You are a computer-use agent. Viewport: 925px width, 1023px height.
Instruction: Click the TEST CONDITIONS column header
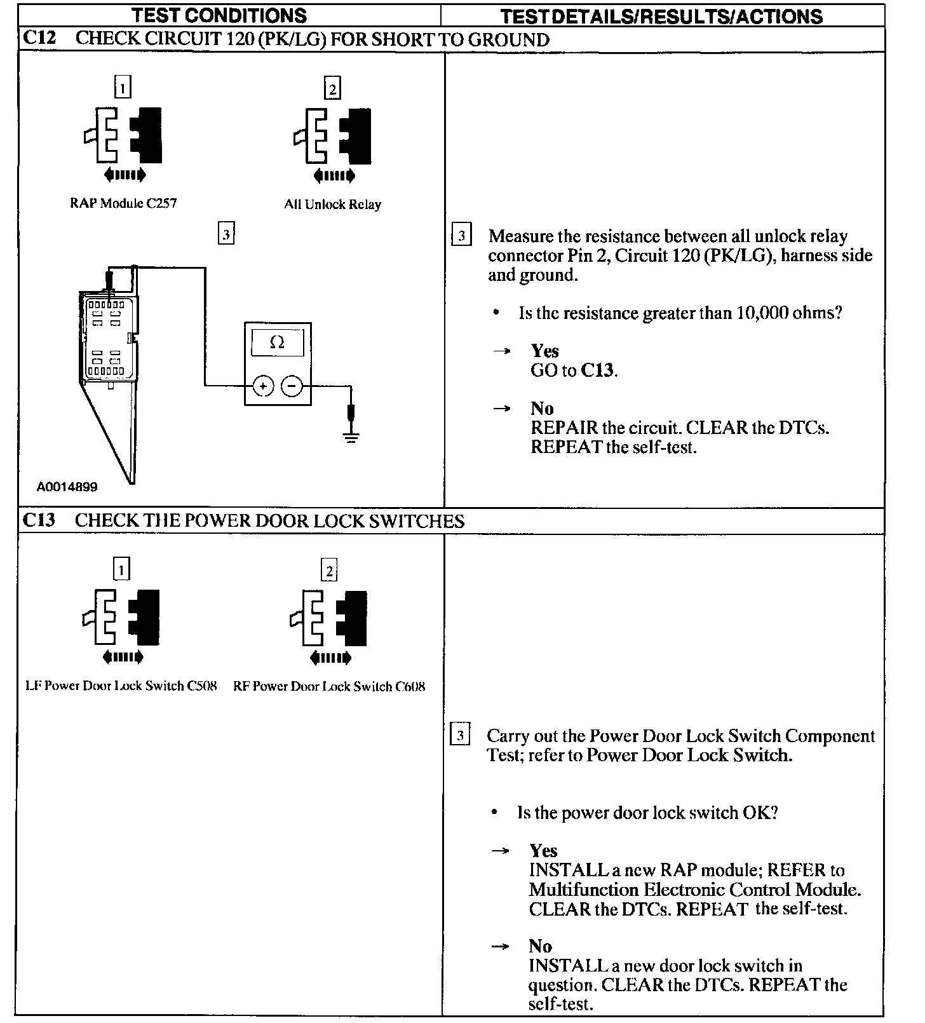pos(220,15)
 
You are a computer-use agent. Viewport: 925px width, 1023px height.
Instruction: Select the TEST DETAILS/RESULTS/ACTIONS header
pos(661,16)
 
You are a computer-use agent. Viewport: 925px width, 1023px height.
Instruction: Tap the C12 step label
pos(39,38)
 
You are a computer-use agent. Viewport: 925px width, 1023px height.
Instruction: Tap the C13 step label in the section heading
pos(39,520)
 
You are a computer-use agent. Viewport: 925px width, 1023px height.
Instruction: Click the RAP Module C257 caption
pos(123,203)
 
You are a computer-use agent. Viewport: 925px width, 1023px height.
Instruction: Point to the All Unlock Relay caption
pos(332,205)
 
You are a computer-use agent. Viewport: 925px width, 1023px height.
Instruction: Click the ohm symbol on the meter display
pos(277,342)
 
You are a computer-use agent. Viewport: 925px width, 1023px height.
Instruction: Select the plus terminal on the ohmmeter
pos(263,386)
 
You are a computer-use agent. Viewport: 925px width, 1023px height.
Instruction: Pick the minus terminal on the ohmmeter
pos(292,386)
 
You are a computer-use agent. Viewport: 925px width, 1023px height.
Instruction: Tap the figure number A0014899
pos(67,487)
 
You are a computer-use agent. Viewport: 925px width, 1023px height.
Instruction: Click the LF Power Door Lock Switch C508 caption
pos(121,686)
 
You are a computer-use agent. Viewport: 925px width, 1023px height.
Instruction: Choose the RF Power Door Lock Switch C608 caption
pos(329,687)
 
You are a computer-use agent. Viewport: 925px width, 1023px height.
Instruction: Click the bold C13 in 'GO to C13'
pos(597,370)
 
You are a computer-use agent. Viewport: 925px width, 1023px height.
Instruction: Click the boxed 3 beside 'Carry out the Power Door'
pos(459,736)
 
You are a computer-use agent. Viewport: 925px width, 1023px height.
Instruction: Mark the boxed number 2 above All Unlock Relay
pos(332,88)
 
